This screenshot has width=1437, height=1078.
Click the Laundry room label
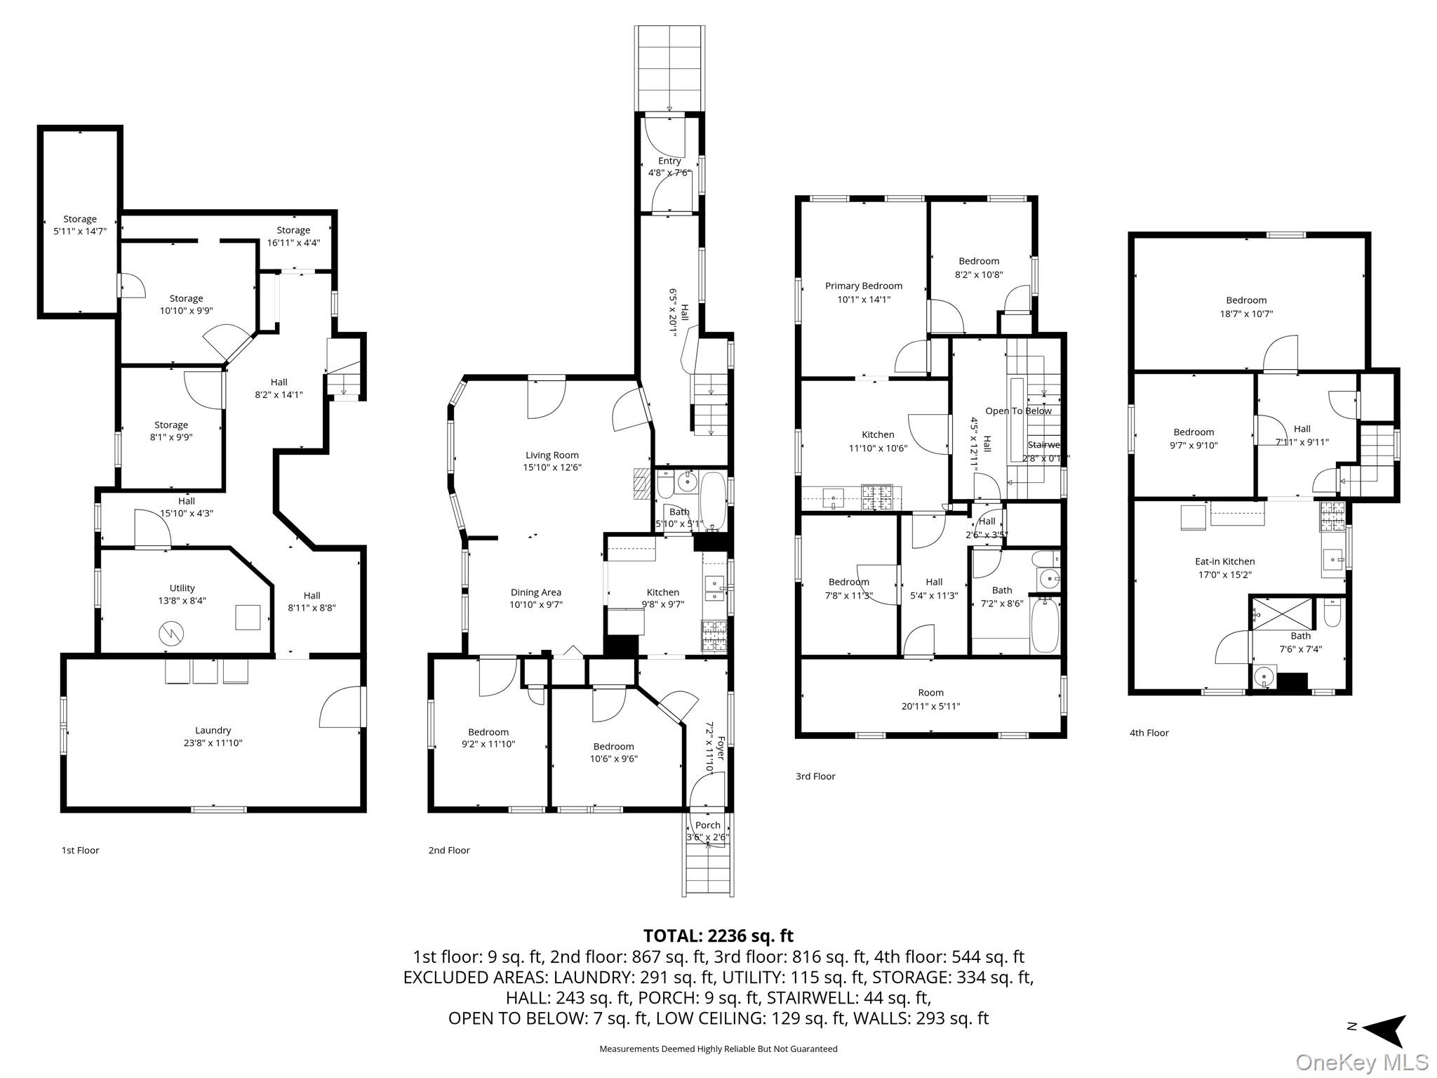tap(213, 731)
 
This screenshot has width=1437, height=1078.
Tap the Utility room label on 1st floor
tap(182, 588)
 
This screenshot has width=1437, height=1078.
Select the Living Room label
tap(552, 455)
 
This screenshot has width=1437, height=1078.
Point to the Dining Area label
tap(535, 592)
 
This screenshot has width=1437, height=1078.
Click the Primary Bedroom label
tap(863, 286)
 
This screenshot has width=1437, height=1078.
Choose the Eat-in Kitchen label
tap(1224, 561)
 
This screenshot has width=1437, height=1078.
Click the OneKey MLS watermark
tap(1362, 1062)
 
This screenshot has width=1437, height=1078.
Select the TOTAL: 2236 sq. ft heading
tap(718, 936)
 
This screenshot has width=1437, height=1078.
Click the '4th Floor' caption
tap(1149, 733)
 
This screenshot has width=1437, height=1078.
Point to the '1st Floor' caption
tap(80, 850)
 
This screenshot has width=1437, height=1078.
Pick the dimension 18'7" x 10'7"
tap(1246, 314)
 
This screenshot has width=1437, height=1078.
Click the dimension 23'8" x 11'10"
tap(213, 743)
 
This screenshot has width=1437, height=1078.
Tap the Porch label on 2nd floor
tap(707, 825)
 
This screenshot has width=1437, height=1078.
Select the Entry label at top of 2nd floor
tap(669, 161)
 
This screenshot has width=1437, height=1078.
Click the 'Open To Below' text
tap(1018, 411)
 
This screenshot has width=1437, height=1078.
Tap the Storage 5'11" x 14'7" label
tap(79, 225)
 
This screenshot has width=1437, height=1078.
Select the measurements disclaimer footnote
tap(718, 1049)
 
